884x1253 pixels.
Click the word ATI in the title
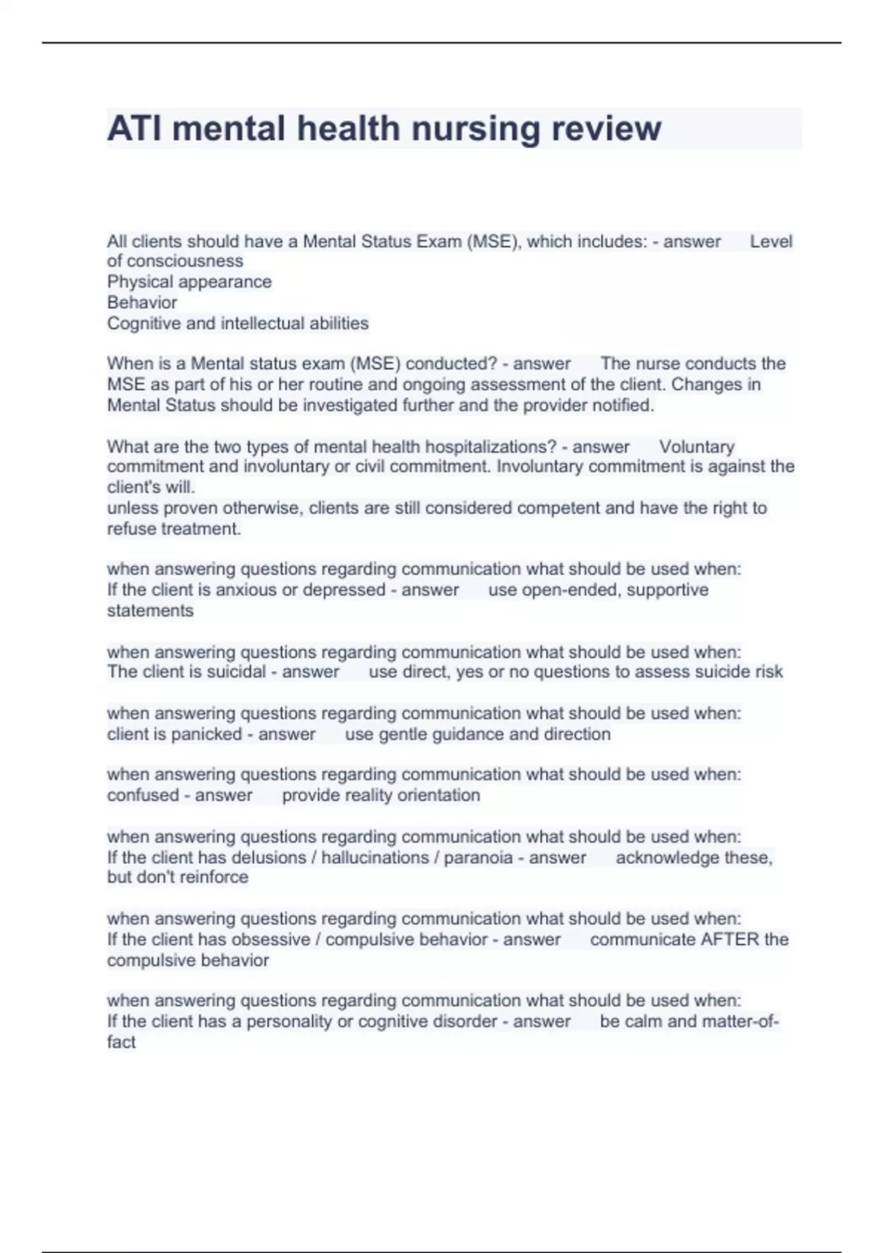(136, 128)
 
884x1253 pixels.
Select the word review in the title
(606, 128)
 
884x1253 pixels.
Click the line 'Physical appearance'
(189, 282)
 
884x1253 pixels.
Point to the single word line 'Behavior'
(142, 302)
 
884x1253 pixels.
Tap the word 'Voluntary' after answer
(697, 447)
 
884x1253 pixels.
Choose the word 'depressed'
(344, 590)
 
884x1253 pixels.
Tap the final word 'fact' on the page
(121, 1042)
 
